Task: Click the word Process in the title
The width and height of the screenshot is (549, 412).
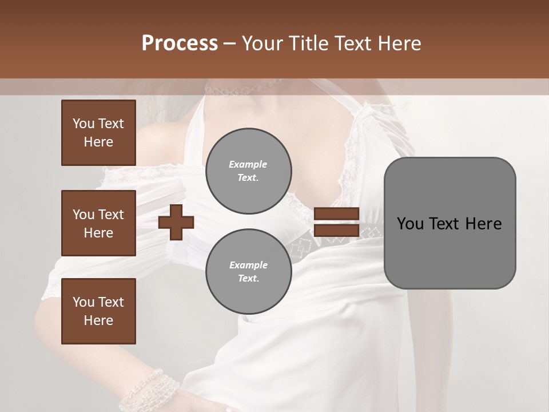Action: pyautogui.click(x=180, y=43)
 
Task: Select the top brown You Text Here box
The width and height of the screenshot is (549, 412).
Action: pyautogui.click(x=98, y=133)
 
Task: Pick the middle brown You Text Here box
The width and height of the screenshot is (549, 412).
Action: pyautogui.click(x=98, y=223)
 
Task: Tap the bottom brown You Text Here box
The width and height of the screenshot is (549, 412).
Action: pyautogui.click(x=98, y=311)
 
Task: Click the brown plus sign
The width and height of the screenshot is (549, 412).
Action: pyautogui.click(x=176, y=222)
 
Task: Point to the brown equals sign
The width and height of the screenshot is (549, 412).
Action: pyautogui.click(x=336, y=222)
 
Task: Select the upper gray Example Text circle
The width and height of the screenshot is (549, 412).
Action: pyautogui.click(x=248, y=171)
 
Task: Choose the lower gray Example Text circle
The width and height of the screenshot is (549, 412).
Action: pyautogui.click(x=248, y=271)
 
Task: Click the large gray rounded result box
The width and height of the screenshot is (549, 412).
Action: pyautogui.click(x=449, y=223)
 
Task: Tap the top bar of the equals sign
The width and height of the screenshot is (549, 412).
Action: pyautogui.click(x=336, y=214)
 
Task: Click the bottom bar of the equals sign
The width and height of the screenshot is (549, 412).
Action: pyautogui.click(x=336, y=231)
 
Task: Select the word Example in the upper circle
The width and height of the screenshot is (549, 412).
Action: pyautogui.click(x=248, y=164)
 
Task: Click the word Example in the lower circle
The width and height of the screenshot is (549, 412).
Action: pyautogui.click(x=248, y=265)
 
